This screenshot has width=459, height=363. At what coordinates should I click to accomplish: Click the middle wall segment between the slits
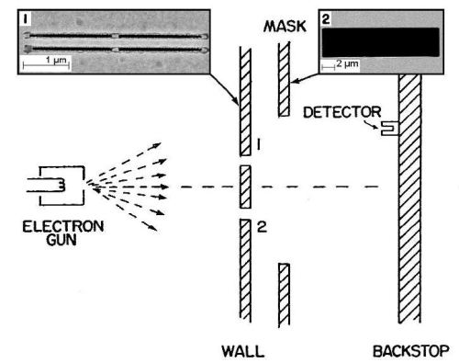244,187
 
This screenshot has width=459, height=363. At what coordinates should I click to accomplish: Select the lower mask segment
284,289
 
